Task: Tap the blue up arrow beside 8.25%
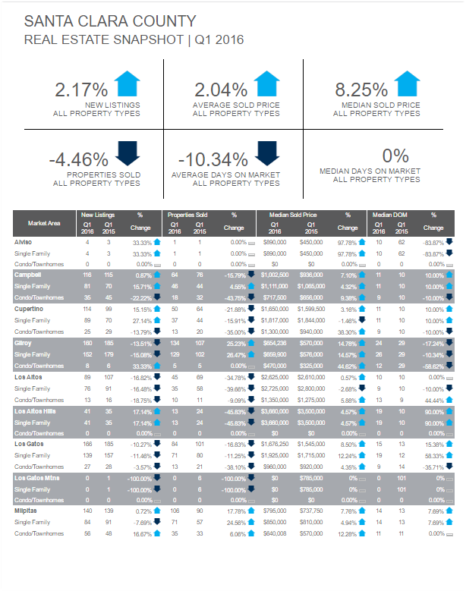point(407,83)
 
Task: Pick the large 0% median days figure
point(395,156)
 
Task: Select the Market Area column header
point(43,223)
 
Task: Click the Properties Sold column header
point(187,215)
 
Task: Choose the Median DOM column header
point(390,215)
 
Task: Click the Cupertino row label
point(30,310)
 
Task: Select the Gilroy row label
point(24,343)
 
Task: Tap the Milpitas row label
point(27,512)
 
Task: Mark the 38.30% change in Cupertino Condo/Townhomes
point(348,332)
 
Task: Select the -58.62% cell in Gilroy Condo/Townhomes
point(434,366)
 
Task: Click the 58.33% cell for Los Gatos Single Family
point(434,457)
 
